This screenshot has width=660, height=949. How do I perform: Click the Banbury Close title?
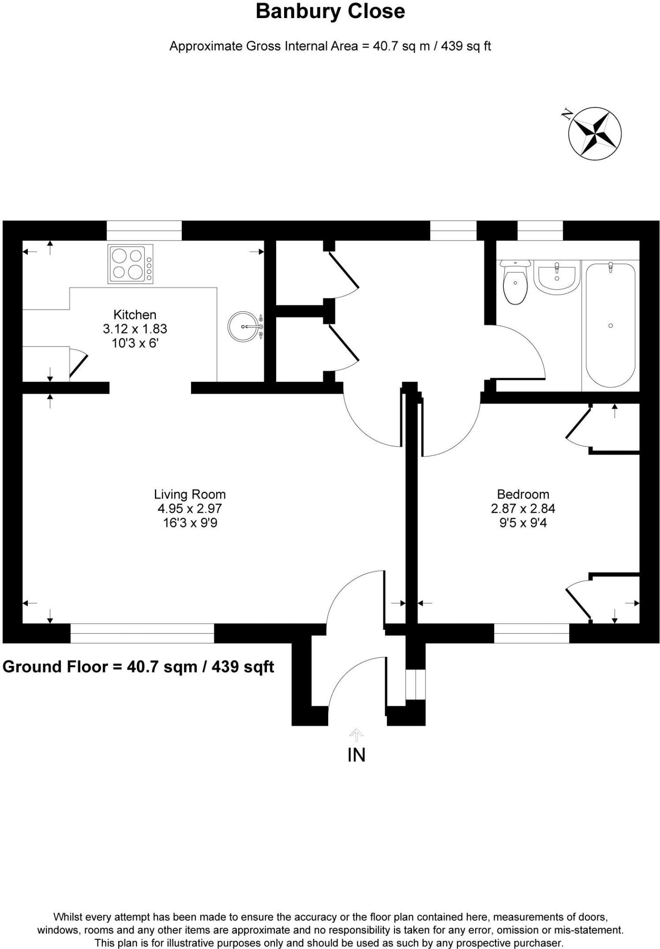(330, 12)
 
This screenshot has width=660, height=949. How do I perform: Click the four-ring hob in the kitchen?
(130, 264)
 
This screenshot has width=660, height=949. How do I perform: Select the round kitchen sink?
(243, 327)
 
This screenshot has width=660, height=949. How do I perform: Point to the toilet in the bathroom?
(515, 283)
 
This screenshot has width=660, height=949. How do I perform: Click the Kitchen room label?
(135, 315)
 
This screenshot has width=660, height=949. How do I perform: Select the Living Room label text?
(190, 494)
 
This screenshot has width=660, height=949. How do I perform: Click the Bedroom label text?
(523, 494)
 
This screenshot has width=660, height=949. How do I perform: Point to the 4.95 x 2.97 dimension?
(190, 508)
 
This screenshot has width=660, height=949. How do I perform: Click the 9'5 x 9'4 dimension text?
(523, 523)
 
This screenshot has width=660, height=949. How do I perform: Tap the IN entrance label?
(356, 755)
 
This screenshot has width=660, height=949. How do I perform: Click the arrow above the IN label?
(356, 735)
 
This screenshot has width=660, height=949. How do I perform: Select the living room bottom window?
(142, 633)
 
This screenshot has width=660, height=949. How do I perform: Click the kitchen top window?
(144, 230)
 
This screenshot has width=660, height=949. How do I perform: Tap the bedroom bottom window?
(531, 633)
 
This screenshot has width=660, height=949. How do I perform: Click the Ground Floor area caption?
(138, 667)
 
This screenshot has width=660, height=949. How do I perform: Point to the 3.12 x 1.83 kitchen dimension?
(135, 329)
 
